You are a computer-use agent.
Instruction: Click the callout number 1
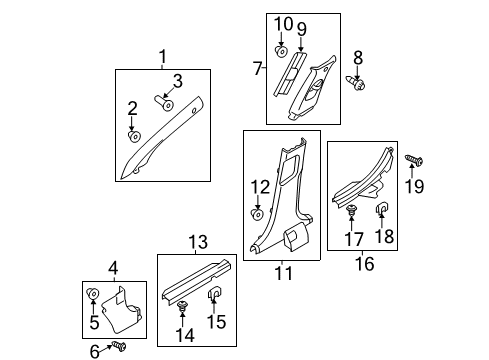point(162,57)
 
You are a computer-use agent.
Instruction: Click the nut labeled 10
point(282,49)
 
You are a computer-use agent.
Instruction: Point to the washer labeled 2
point(133,135)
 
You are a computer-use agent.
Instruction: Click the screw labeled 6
point(120,345)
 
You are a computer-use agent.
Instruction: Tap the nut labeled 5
point(93,294)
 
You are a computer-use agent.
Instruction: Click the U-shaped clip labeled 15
point(214,294)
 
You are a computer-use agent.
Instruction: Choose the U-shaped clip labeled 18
point(382,209)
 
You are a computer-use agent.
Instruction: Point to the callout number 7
point(257,68)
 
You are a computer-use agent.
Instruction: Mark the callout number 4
point(113,267)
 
